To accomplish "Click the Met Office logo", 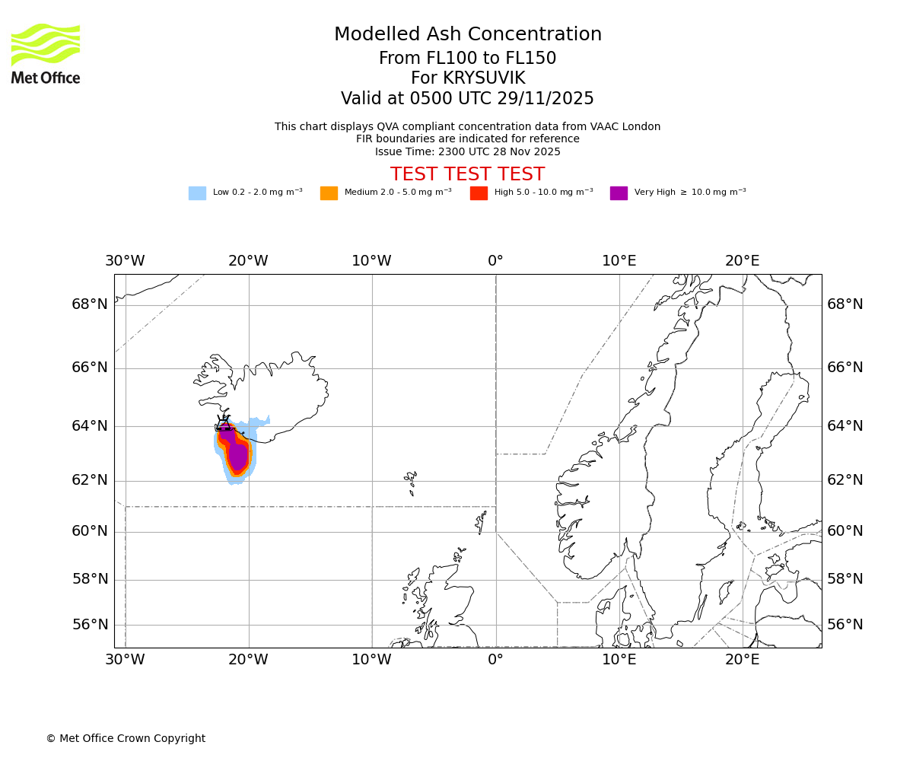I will (x=46, y=53).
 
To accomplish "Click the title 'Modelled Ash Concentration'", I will (x=467, y=34).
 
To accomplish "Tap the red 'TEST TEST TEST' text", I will (x=467, y=174).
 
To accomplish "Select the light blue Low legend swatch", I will (x=197, y=193).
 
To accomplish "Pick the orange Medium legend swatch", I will (x=329, y=193).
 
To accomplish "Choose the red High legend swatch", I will (x=479, y=193).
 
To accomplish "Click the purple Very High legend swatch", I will (x=619, y=193).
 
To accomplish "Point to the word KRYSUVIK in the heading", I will (x=495, y=78).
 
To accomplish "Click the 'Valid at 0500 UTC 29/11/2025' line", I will (x=467, y=99).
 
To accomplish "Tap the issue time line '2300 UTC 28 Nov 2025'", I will (x=467, y=151).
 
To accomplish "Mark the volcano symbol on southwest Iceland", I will (x=224, y=423).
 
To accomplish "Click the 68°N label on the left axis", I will (x=90, y=304).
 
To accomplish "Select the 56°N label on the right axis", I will (x=845, y=625).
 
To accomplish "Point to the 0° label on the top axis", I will (x=495, y=261).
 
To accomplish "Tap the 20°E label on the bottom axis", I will (x=742, y=660).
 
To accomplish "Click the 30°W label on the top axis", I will (x=125, y=261).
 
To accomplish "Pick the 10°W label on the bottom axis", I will (x=371, y=660).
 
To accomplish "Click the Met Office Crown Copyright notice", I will (x=126, y=738).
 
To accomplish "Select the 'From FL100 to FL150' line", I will (x=467, y=59).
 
